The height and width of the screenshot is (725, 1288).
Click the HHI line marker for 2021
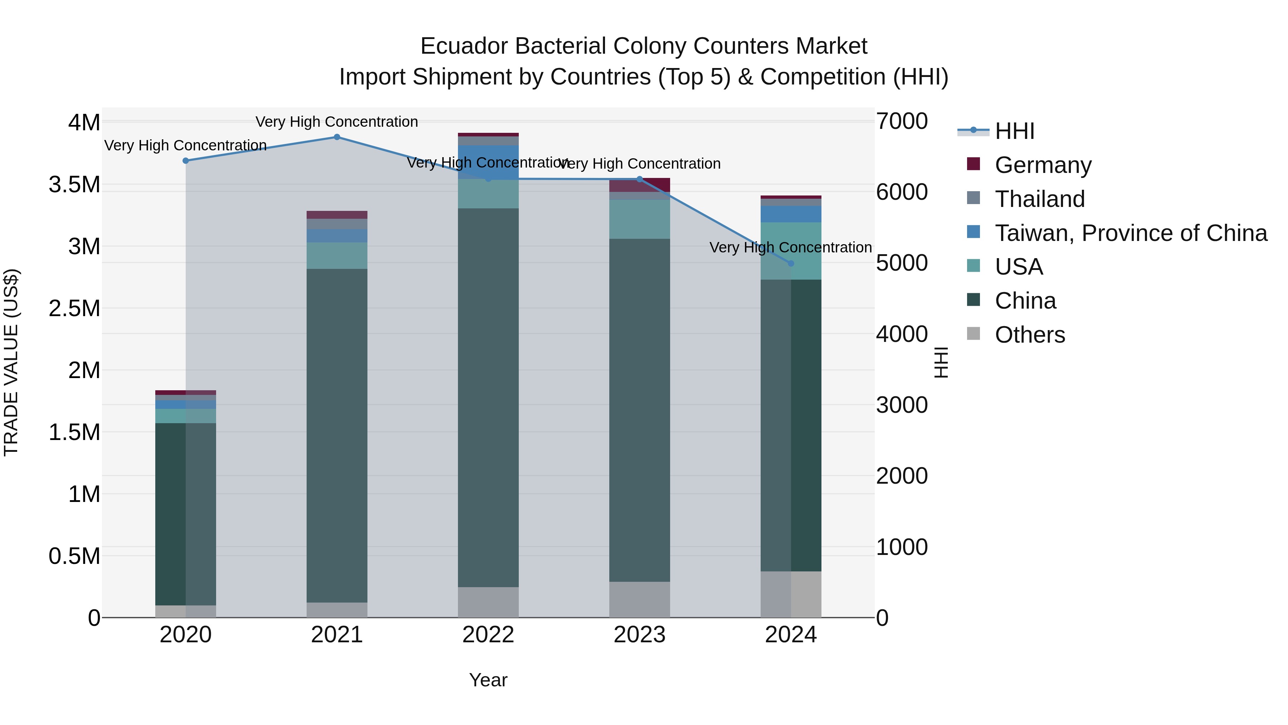(x=337, y=137)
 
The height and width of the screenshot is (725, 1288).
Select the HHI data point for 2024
(x=790, y=263)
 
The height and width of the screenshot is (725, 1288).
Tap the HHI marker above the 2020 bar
(x=185, y=161)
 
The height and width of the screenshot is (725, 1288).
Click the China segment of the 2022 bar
(x=488, y=398)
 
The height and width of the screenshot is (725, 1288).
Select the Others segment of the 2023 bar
(x=639, y=599)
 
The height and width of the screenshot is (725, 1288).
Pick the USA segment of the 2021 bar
(x=337, y=256)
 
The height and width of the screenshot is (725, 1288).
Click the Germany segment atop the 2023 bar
(x=639, y=185)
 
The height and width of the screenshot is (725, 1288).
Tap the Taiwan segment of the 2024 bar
(x=790, y=214)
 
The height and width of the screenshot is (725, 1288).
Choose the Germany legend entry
(x=1043, y=165)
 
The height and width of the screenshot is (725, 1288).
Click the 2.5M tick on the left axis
(x=74, y=308)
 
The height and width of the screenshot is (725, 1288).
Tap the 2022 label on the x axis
(x=488, y=635)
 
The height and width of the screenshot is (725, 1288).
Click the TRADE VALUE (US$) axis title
(x=11, y=362)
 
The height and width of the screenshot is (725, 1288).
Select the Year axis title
(x=488, y=680)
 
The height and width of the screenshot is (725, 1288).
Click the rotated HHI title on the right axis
(x=941, y=362)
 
